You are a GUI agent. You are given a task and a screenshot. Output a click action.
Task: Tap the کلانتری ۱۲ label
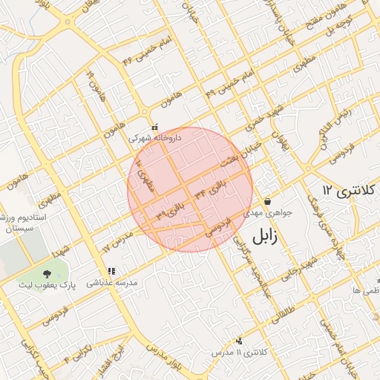coord(349,190)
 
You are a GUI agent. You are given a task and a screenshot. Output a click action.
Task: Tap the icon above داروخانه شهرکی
coord(154,127)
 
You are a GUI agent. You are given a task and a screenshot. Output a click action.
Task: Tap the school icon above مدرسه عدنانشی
coord(111,272)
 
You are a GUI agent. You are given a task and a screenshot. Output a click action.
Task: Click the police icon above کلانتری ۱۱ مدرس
coord(238,341)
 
